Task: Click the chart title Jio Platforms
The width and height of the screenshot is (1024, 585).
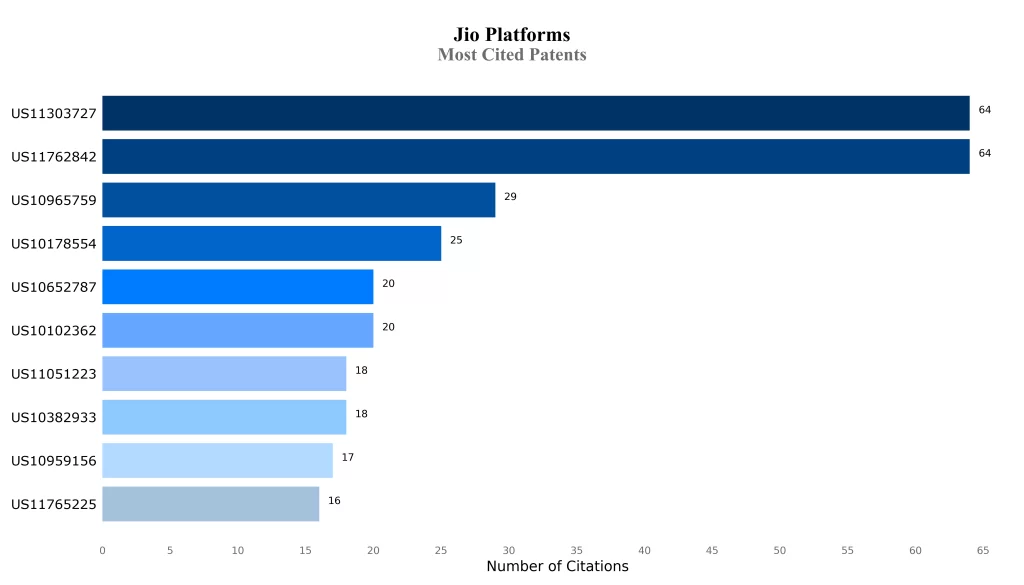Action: [x=511, y=35]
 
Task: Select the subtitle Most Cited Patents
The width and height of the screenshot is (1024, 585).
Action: [x=511, y=55]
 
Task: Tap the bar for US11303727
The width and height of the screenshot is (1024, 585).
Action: [x=535, y=113]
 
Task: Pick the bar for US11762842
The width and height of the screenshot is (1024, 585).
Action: [x=535, y=157]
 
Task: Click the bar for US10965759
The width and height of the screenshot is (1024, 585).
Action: [x=298, y=200]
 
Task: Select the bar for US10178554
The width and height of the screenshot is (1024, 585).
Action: [x=271, y=243]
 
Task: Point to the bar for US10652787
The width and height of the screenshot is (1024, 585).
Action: [x=237, y=287]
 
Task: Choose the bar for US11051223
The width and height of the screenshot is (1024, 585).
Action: [x=224, y=374]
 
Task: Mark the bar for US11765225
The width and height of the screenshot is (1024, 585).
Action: [x=210, y=504]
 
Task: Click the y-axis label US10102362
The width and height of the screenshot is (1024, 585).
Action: [x=54, y=331]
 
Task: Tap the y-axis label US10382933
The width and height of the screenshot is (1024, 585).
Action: [x=54, y=417]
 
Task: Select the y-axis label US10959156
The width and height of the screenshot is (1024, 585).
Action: [x=54, y=461]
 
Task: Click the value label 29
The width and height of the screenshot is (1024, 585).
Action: [x=510, y=197]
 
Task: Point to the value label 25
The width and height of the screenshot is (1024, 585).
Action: [x=456, y=240]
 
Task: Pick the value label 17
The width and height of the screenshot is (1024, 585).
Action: [x=348, y=457]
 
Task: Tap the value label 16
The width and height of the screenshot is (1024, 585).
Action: [x=334, y=500]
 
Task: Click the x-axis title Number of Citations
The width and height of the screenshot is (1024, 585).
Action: [x=557, y=567]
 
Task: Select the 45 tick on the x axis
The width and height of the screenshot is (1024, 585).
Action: [x=712, y=550]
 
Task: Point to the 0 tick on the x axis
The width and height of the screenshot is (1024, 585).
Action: [x=102, y=550]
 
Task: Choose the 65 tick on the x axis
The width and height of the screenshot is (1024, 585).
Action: [x=983, y=550]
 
